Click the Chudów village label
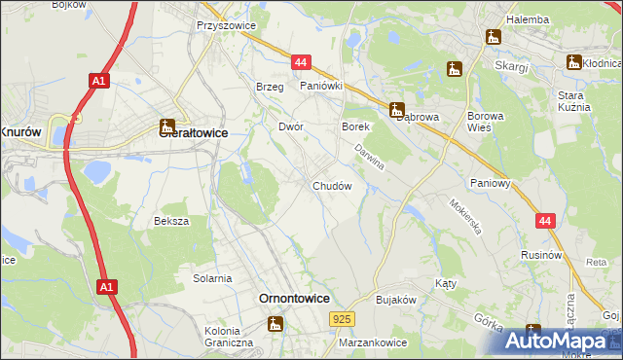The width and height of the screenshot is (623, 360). (332, 185)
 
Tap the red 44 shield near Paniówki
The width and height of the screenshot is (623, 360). (300, 62)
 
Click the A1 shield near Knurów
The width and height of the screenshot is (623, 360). (97, 82)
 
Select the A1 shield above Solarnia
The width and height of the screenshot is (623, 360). (106, 288)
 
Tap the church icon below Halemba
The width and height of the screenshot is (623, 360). (493, 38)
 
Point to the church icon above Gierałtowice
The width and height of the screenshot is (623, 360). (166, 126)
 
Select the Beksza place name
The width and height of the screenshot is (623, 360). (171, 221)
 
